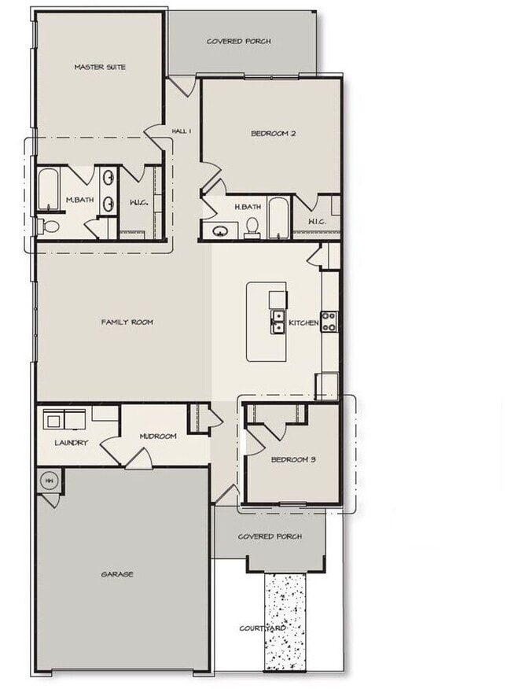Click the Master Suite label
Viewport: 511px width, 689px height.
[100, 67]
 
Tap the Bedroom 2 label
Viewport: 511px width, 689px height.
[273, 134]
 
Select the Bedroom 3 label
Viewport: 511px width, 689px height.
[292, 459]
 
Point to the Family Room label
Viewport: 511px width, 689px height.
[127, 322]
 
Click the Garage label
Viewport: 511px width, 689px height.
[117, 574]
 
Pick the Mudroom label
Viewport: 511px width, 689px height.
[158, 437]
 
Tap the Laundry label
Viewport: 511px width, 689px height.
[71, 443]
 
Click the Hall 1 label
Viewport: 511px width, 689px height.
[182, 131]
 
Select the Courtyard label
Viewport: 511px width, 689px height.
[262, 628]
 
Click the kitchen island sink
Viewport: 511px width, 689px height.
[278, 322]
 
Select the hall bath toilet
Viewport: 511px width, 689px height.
[252, 227]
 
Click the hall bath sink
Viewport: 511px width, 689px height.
[220, 231]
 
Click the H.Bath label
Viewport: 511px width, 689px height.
[248, 207]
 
